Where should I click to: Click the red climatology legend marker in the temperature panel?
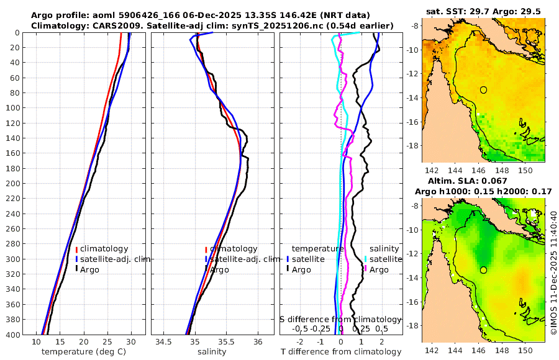[76, 249]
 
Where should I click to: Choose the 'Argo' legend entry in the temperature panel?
[91, 269]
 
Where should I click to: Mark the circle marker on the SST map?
[483, 89]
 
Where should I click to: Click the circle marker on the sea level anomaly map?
[483, 270]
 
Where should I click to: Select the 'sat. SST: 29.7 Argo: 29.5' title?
[483, 11]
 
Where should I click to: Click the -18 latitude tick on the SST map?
[414, 145]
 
